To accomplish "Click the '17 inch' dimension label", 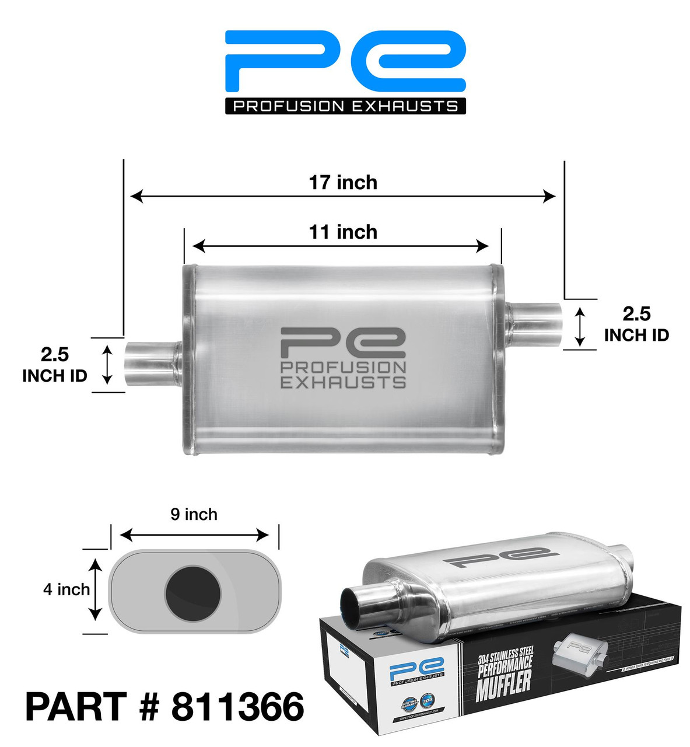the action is tap(343, 183).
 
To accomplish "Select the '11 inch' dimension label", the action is tap(343, 232).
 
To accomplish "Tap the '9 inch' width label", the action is tap(194, 514).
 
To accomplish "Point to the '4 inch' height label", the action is tap(66, 589).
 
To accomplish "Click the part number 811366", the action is tap(237, 707).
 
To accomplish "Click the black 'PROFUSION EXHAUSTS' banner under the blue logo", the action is tap(345, 106).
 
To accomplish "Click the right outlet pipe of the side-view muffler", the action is tap(534, 324).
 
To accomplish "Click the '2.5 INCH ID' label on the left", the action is tap(54, 365).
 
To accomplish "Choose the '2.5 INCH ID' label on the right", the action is tap(636, 324).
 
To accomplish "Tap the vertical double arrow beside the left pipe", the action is tap(107, 365).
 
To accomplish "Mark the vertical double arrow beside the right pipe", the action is tap(580, 326).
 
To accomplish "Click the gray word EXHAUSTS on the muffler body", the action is tap(343, 382).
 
